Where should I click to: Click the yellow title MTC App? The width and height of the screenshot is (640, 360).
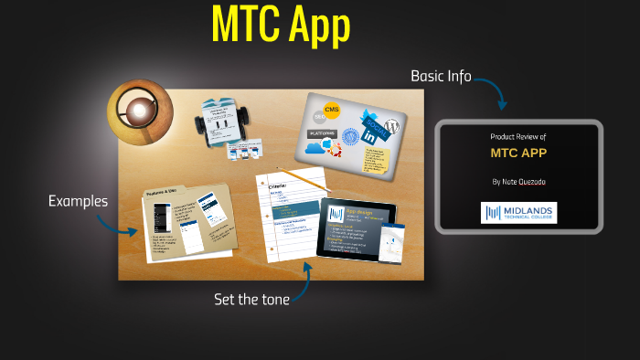tap(281, 26)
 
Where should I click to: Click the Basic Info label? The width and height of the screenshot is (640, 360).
tap(441, 76)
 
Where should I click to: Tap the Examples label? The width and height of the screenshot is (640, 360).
tap(78, 201)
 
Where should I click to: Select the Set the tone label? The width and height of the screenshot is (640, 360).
tap(251, 299)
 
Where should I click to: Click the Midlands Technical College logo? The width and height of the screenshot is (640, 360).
tap(518, 213)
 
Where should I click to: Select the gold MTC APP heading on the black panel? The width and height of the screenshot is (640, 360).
tap(518, 153)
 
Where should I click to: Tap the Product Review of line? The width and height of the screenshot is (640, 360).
tap(517, 137)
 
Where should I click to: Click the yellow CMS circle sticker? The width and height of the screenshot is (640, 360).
tap(331, 111)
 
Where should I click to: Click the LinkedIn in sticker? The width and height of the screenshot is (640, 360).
tap(369, 135)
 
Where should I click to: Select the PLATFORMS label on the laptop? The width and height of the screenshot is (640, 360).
tap(322, 134)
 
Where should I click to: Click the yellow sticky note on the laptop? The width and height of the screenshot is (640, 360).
tap(377, 158)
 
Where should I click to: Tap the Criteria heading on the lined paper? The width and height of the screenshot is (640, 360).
tap(280, 184)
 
